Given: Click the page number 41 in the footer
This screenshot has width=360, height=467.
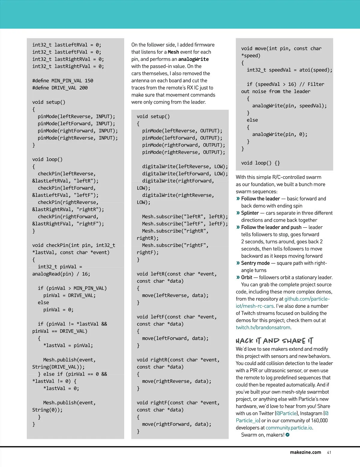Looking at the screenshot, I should coord(329,452).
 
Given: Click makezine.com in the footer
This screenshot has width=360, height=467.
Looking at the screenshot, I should coord(305,452).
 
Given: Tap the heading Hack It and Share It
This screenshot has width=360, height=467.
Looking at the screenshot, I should coord(274,341).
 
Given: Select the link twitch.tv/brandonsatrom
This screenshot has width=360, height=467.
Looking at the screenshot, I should coord(263,328).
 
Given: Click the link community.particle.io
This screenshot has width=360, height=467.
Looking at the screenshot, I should coord(289,428).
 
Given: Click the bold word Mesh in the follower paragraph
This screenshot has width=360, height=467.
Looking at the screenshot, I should coord(173,52).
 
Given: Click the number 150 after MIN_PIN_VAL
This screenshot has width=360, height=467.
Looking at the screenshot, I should coord(89,81).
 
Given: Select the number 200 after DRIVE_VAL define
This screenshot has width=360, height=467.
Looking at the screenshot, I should coord(83,88).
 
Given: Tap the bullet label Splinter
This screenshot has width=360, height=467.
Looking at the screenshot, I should coord(250,213).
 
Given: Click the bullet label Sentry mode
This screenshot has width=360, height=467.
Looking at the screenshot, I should coord(255,263).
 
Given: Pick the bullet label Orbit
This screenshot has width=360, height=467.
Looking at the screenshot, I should coord(247,278).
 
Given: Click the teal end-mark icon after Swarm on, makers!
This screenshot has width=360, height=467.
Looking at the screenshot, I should coord(288,435).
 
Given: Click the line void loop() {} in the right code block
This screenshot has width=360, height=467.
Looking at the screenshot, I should coord(260,163).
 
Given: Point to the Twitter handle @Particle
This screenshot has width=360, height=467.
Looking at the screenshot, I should coord(287,413).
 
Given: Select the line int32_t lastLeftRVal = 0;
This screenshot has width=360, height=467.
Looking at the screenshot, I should coord(67,45).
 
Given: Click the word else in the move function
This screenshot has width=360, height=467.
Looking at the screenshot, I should coord(252,120).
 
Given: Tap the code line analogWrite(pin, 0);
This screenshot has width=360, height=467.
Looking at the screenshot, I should coord(280,135).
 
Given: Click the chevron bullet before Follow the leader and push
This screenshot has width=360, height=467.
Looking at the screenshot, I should coord(238,228).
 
